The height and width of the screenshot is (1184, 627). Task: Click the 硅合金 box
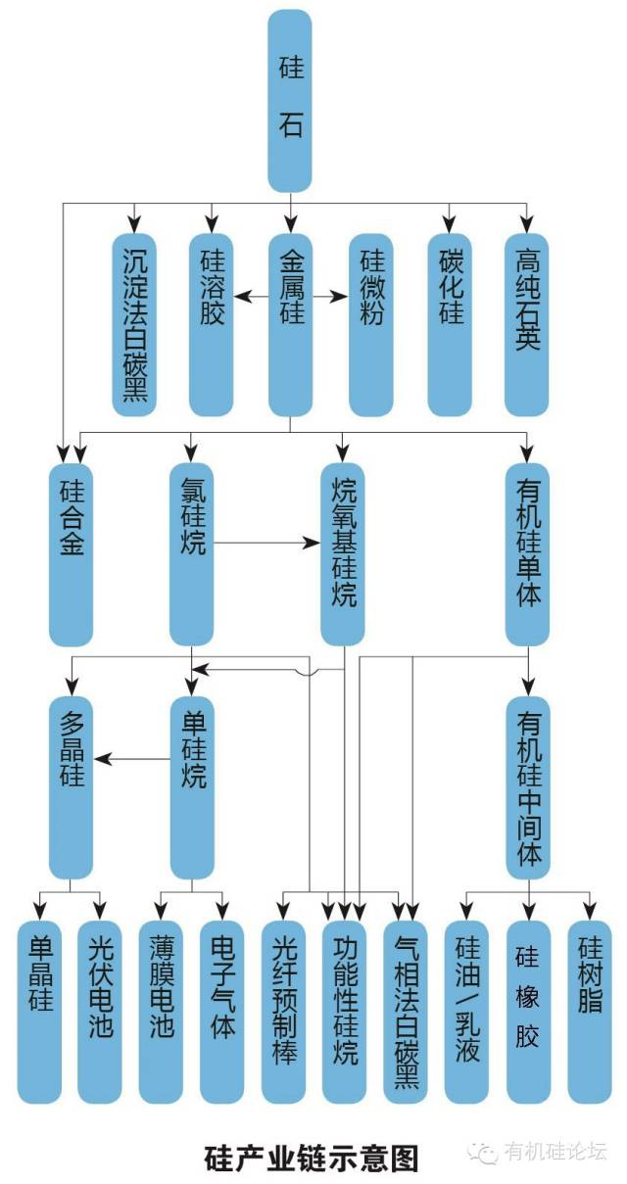pyautogui.click(x=71, y=553)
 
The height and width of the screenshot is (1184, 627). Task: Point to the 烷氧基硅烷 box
pyautogui.click(x=343, y=553)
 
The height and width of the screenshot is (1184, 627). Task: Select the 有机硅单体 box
pyautogui.click(x=527, y=553)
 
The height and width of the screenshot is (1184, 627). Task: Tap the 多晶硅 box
pyautogui.click(x=71, y=786)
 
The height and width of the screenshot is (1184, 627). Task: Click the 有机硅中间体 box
pyautogui.click(x=527, y=786)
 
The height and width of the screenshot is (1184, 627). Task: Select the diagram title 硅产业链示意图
pyautogui.click(x=311, y=1159)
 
